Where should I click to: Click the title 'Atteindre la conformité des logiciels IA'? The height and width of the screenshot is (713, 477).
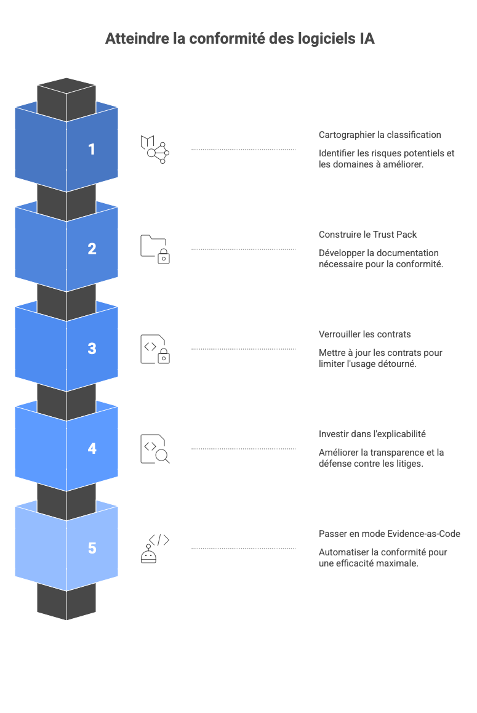(x=239, y=38)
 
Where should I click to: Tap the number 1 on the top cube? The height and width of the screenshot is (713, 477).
(x=92, y=149)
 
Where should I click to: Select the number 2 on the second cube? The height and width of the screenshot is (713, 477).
(x=92, y=249)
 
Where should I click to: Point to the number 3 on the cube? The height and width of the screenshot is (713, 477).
(x=92, y=348)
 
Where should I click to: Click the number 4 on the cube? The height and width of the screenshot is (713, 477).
(x=92, y=448)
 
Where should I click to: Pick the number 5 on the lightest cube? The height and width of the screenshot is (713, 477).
(x=92, y=548)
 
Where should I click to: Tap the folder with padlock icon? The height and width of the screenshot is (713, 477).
(x=154, y=249)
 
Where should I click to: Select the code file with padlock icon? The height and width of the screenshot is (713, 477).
(x=154, y=349)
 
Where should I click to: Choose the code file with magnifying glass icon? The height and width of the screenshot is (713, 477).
(x=154, y=449)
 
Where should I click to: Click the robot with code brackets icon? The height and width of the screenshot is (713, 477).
(x=154, y=548)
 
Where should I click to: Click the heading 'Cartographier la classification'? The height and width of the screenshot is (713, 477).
(x=380, y=135)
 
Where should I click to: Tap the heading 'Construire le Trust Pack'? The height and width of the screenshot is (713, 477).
(x=367, y=235)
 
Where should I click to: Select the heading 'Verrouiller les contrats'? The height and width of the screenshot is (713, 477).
(x=364, y=334)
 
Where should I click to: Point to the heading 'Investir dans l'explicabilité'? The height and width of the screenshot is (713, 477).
(x=372, y=434)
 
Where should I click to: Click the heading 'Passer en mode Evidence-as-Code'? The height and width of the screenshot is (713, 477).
(x=389, y=534)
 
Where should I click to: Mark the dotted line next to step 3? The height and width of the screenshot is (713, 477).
(x=243, y=349)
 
